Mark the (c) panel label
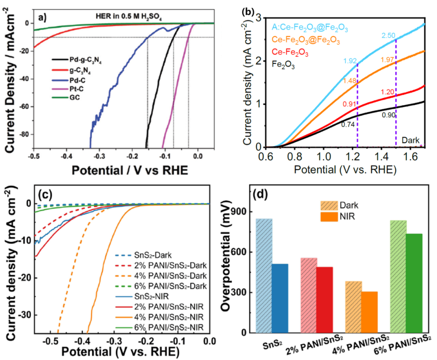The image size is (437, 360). (x=45, y=195)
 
